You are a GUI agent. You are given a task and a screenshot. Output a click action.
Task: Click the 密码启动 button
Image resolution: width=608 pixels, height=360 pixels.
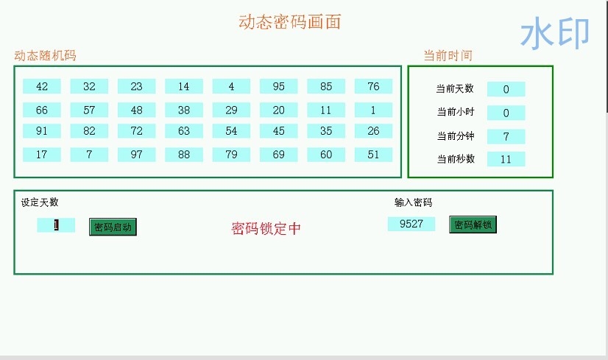pos(113,227)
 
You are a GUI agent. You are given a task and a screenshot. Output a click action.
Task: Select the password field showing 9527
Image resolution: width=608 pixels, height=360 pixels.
pos(411,224)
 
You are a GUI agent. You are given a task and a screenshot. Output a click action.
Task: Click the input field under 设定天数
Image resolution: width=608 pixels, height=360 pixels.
pos(56,225)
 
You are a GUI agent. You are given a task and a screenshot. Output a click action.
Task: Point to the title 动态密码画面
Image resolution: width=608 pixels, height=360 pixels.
pos(289,22)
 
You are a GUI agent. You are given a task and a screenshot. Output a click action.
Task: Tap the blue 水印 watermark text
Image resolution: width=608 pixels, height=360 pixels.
pos(555,33)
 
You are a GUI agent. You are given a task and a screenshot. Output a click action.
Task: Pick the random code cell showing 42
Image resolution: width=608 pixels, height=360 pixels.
pos(42,86)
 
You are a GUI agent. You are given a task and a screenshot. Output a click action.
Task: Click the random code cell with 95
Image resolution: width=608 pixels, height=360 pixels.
pos(278,86)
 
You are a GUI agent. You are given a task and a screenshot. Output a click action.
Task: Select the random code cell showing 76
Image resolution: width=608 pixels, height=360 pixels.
pos(373,86)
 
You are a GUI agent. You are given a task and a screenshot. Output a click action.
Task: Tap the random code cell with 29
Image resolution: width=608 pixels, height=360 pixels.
pos(231,110)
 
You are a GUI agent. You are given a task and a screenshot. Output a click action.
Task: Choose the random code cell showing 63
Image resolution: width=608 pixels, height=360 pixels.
pos(184,131)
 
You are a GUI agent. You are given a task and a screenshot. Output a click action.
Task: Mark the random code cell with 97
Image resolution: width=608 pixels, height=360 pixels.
pos(136,155)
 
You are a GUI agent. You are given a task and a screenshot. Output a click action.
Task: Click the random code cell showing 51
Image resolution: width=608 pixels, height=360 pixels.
pos(373,155)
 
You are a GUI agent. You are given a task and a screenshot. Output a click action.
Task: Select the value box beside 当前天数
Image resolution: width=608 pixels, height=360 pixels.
pos(506,89)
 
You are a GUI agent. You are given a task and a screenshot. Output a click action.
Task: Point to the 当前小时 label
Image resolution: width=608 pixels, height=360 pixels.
pos(455,113)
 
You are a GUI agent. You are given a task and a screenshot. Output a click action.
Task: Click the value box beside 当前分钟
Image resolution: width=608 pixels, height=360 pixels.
pos(506,136)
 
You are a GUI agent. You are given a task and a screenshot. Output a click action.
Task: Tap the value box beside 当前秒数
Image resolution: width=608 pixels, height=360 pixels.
pos(506,159)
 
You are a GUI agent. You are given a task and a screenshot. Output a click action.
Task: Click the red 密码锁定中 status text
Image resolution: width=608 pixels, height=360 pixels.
pos(266,228)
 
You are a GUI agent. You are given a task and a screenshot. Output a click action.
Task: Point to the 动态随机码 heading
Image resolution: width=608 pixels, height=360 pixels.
pos(45,56)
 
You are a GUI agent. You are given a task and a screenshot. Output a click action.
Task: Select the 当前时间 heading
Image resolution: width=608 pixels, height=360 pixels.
pos(448,56)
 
